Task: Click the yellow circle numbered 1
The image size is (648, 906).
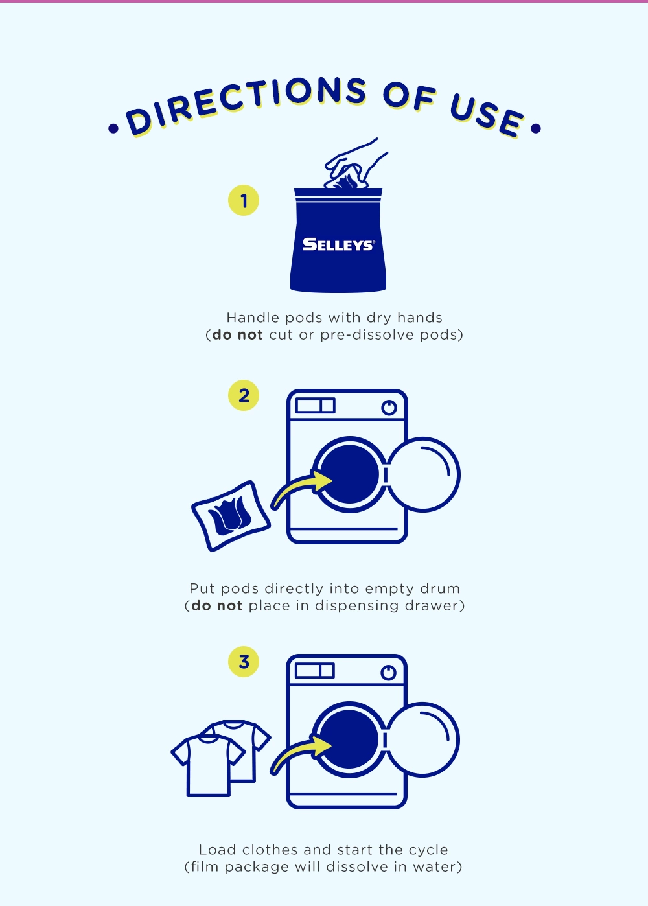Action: [x=244, y=200]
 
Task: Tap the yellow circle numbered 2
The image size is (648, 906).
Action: [x=244, y=395]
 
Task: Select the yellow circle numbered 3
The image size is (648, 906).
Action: [x=244, y=662]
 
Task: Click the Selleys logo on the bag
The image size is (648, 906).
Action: [x=338, y=244]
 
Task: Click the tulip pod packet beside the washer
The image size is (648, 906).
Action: [x=231, y=516]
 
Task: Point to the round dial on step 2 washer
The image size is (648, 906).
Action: [x=389, y=408]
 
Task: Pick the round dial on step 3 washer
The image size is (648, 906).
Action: [x=388, y=673]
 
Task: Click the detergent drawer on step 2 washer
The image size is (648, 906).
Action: [x=316, y=405]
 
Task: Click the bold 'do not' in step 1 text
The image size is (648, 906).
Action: [x=237, y=335]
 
